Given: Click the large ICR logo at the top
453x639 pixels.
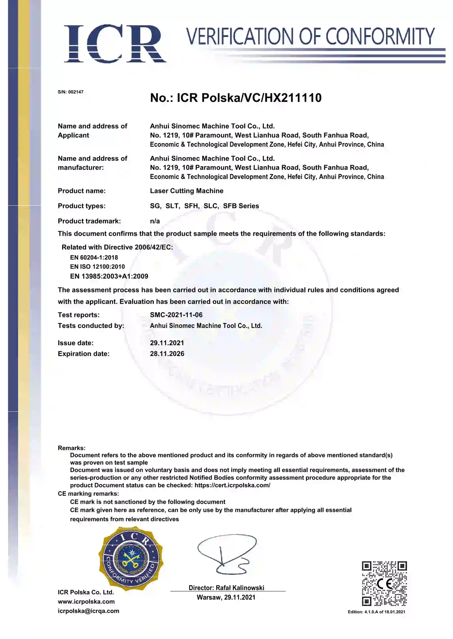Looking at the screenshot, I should tap(115, 43).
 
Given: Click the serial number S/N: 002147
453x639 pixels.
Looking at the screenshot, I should tap(71, 92).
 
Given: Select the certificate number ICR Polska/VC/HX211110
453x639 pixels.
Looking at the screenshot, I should tap(249, 98).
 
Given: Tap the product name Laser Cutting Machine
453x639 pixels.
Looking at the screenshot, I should tap(187, 191).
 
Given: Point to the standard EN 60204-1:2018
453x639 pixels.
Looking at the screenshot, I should tap(94, 257).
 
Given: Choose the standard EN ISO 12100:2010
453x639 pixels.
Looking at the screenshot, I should tap(97, 267).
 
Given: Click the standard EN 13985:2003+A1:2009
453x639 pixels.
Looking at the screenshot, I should tap(109, 276).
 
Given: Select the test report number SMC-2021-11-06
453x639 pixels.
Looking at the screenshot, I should tap(176, 315).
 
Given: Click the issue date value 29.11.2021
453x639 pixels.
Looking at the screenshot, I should tap(167, 343).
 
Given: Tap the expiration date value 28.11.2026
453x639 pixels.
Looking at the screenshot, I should tap(167, 354).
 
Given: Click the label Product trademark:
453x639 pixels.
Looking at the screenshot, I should tap(89, 221).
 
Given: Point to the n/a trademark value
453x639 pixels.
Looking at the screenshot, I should tap(155, 221).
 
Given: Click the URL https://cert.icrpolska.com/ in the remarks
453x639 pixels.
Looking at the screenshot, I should tap(232, 485).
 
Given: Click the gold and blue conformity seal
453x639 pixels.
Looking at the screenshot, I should tap(131, 558).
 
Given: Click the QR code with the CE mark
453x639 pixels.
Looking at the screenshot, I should tap(384, 584).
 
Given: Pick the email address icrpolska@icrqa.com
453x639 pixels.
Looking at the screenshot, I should tap(88, 611).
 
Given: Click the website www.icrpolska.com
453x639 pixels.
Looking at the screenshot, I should tap(86, 601).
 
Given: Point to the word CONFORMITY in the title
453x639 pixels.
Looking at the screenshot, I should tap(380, 36).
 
